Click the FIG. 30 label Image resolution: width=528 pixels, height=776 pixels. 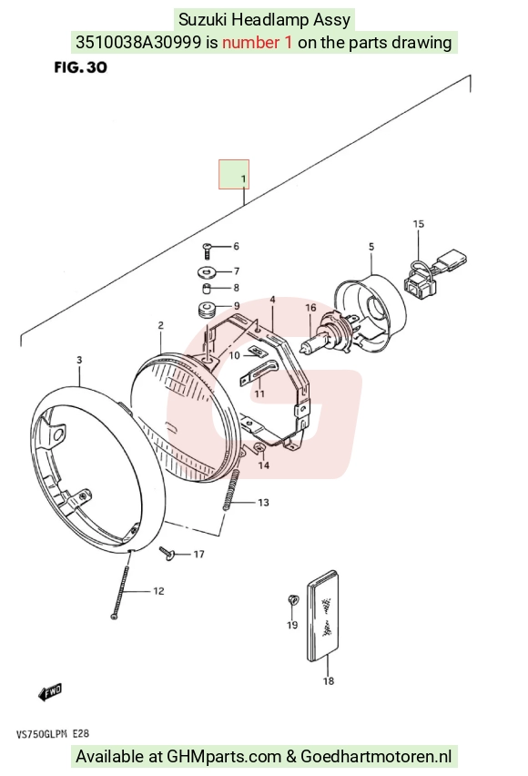click(x=81, y=67)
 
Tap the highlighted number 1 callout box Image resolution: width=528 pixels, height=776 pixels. click(x=234, y=174)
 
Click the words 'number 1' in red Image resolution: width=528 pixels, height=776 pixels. click(x=258, y=43)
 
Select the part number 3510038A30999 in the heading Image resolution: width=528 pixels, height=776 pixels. click(x=138, y=43)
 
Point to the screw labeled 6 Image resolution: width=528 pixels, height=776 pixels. click(x=208, y=250)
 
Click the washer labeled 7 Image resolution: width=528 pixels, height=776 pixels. click(x=207, y=271)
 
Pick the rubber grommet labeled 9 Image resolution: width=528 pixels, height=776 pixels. click(x=206, y=311)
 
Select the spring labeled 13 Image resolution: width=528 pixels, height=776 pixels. click(x=231, y=490)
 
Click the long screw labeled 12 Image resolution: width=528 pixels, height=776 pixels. click(x=121, y=585)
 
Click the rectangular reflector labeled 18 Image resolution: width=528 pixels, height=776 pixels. click(x=324, y=616)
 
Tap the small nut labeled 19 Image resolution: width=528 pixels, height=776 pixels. click(x=293, y=600)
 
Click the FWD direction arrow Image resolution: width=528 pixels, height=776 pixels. click(x=50, y=692)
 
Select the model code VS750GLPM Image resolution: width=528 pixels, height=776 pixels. click(x=42, y=733)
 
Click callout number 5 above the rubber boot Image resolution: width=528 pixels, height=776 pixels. click(x=371, y=247)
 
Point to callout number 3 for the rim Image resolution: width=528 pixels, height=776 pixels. click(x=79, y=360)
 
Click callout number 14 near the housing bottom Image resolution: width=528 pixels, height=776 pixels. click(x=264, y=465)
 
